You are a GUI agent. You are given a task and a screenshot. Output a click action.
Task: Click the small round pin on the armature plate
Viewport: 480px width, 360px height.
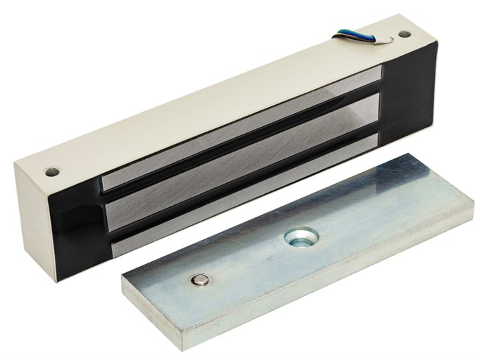[x=201, y=278]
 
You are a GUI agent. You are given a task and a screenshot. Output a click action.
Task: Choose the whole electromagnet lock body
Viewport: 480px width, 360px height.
[x=226, y=137]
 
